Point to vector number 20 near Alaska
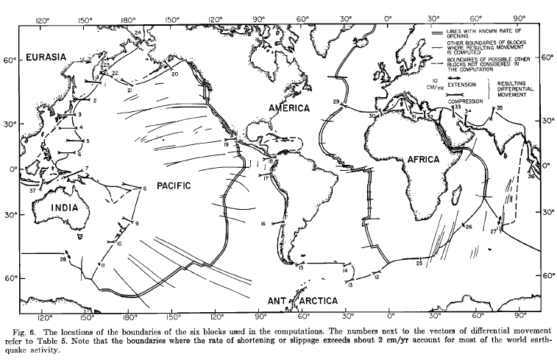point(174,74)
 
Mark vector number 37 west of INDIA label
point(32,191)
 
